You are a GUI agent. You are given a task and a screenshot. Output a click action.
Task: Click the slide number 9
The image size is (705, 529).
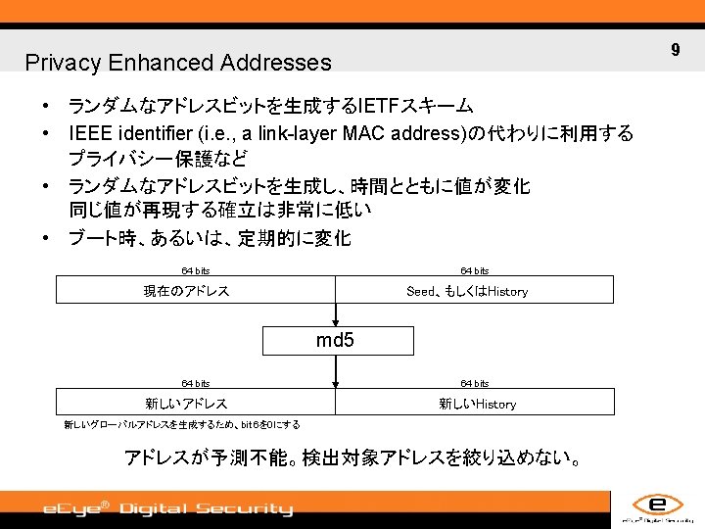[675, 49]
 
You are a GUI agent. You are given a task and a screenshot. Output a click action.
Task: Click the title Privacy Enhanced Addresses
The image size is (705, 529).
[178, 63]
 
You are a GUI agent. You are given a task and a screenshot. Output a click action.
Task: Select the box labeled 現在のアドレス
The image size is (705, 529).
[195, 291]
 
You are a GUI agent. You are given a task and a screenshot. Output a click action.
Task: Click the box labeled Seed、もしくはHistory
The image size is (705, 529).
[475, 291]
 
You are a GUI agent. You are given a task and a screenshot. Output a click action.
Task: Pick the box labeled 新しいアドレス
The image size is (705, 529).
[195, 403]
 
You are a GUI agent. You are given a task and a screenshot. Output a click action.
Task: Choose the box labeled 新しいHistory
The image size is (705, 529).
[476, 403]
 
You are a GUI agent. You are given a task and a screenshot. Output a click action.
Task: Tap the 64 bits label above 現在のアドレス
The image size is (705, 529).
[195, 270]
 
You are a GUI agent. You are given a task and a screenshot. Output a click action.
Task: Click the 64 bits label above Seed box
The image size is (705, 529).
[475, 270]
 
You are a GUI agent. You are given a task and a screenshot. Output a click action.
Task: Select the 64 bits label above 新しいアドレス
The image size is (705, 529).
[195, 383]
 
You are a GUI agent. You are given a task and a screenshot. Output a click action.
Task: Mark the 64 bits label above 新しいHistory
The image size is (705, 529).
[475, 383]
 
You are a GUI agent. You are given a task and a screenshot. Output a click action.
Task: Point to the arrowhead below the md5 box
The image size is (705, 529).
[336, 384]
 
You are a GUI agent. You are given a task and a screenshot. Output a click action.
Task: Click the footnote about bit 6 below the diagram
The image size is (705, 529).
[182, 425]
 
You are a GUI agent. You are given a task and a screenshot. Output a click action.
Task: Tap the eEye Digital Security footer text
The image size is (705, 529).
[166, 508]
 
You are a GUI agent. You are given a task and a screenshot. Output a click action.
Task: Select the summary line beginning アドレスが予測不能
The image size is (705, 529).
[352, 457]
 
